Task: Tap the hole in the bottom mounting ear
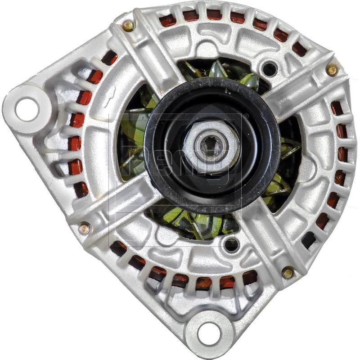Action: (x=209, y=333)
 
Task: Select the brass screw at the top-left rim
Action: (x=128, y=26)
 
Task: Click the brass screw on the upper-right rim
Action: (x=332, y=69)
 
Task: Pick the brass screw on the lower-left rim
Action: (x=84, y=228)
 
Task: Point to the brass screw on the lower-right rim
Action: (x=288, y=272)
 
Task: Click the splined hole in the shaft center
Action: (x=211, y=147)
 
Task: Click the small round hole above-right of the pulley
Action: (x=270, y=69)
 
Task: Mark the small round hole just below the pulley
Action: (x=231, y=244)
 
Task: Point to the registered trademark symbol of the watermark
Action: (x=246, y=116)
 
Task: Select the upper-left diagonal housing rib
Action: (x=144, y=58)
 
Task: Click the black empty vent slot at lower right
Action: (x=309, y=240)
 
